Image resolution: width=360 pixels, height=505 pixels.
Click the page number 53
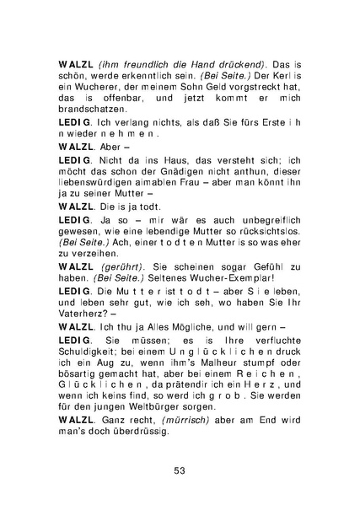coord(180,470)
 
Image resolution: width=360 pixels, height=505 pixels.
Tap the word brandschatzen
coord(94,108)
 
